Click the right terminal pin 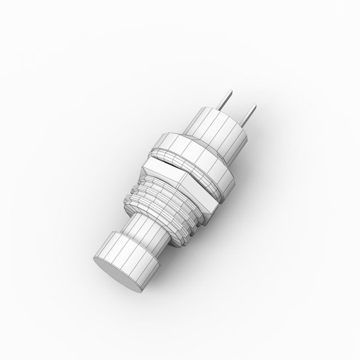point(247,117)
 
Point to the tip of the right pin point(253,105)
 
